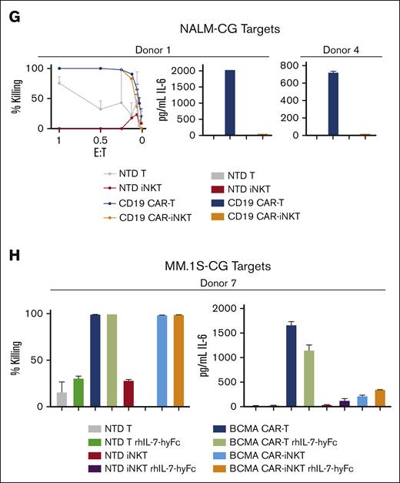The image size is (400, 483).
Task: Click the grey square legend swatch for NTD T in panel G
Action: (193, 165)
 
